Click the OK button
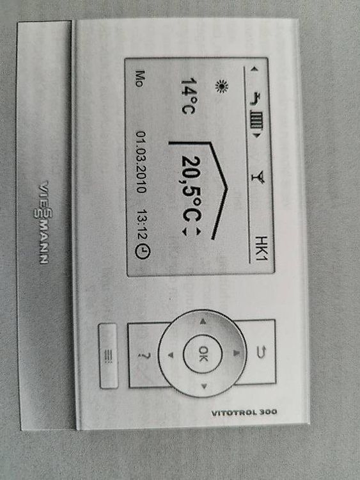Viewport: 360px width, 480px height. pyautogui.click(x=203, y=354)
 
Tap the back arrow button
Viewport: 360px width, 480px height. pyautogui.click(x=261, y=352)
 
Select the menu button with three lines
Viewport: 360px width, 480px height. pyautogui.click(x=108, y=356)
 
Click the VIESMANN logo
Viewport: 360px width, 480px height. pyautogui.click(x=43, y=222)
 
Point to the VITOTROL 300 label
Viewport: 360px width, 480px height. pyautogui.click(x=244, y=412)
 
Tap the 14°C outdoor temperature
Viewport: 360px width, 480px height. pyautogui.click(x=188, y=96)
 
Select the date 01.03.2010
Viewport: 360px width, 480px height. pyautogui.click(x=141, y=163)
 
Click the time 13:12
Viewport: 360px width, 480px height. pyautogui.click(x=142, y=225)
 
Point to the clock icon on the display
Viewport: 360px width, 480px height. pyautogui.click(x=143, y=252)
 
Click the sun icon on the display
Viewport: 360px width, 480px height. pyautogui.click(x=222, y=86)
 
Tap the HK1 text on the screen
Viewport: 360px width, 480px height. pyautogui.click(x=262, y=248)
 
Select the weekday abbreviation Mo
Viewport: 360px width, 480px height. pyautogui.click(x=140, y=79)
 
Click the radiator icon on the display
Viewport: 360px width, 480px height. pyautogui.click(x=257, y=122)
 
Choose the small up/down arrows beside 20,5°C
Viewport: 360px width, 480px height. pyautogui.click(x=191, y=232)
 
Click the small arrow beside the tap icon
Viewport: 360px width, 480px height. pyautogui.click(x=254, y=70)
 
